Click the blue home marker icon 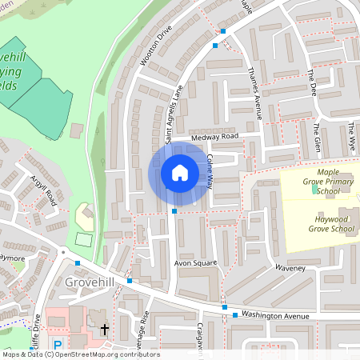(179, 173)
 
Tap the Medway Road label (215, 137)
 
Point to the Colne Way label (210, 171)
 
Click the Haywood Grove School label (331, 223)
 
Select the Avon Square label (196, 262)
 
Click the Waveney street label (290, 268)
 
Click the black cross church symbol (104, 329)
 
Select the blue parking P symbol (58, 346)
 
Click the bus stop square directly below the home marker (174, 211)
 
